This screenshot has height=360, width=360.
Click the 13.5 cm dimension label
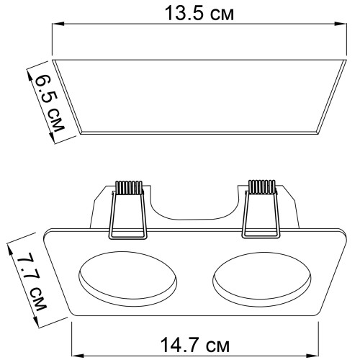click(199, 14)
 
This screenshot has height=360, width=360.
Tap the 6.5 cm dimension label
click(50, 103)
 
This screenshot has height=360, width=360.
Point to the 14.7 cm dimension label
click(194, 345)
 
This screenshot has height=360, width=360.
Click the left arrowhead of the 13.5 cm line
click(58, 24)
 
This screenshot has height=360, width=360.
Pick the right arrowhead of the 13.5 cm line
click(341, 24)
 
